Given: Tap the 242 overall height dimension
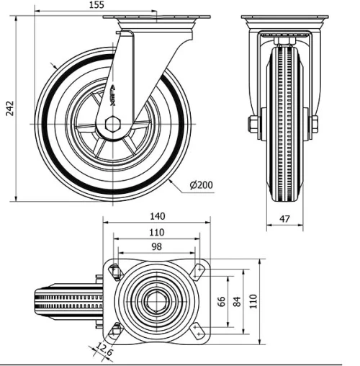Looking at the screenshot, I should click(x=9, y=109).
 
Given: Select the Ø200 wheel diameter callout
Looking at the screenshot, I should click(x=201, y=185).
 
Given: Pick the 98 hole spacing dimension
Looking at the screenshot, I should click(x=156, y=247).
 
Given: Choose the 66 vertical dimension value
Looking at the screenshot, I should click(x=222, y=300).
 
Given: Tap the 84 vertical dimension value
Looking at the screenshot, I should click(x=237, y=300).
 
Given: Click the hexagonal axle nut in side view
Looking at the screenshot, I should click(x=112, y=125).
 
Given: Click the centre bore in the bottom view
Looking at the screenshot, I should click(x=156, y=300).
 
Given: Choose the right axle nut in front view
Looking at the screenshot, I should click(x=314, y=125).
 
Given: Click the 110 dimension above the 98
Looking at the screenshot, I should click(x=156, y=232).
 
